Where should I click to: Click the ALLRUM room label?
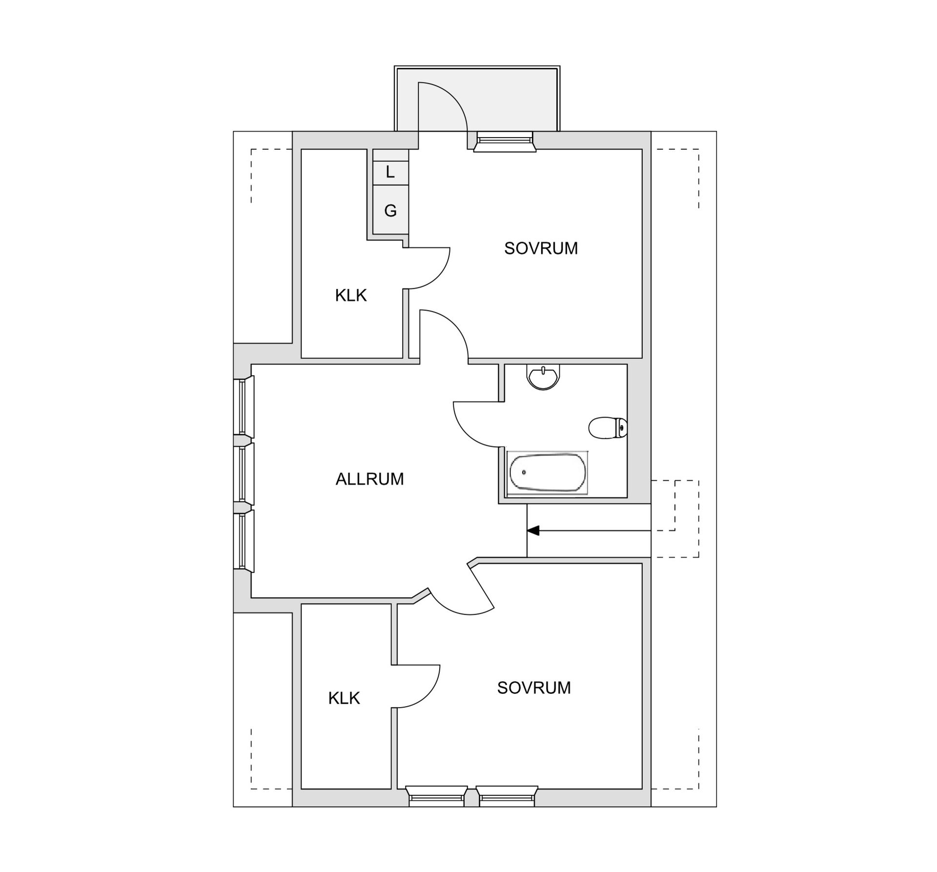pos(369,479)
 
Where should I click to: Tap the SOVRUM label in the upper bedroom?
pos(541,248)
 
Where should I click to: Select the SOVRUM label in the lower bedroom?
pos(534,688)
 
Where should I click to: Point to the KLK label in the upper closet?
pos(350,295)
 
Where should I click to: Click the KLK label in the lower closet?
pos(344,698)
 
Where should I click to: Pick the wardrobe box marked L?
pos(390,172)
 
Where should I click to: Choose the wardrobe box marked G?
pos(390,210)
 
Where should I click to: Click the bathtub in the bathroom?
pos(547,472)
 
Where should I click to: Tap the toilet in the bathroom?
pos(608,428)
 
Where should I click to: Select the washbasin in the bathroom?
pos(543,377)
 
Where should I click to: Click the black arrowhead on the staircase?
pos(533,530)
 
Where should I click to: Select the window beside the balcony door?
pos(504,142)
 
